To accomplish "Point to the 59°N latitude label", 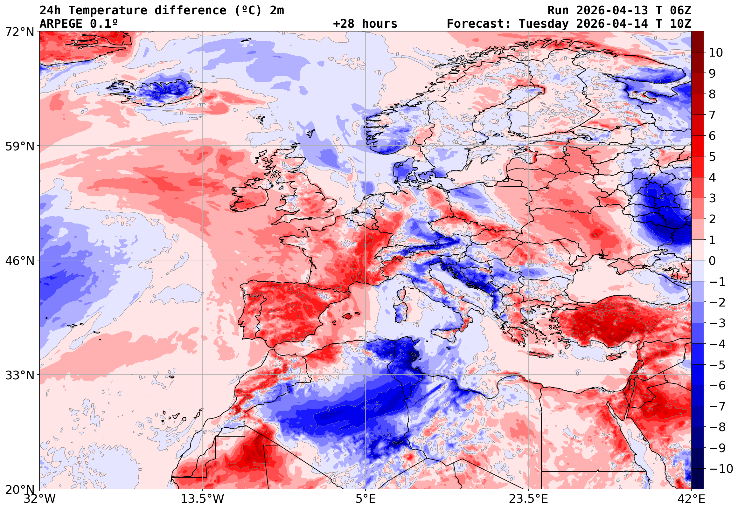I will click(19, 146).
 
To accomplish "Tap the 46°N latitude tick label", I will click(19, 261).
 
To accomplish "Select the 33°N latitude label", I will click(19, 375).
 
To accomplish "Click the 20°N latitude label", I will click(19, 489).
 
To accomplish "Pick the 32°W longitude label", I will click(39, 499).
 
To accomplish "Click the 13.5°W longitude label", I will click(203, 499).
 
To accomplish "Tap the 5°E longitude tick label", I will click(366, 499).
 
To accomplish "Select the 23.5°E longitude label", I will click(528, 499).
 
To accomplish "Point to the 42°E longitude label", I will click(692, 499).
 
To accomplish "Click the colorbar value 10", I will click(716, 53).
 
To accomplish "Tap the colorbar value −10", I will click(721, 469).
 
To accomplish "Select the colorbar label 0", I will click(712, 261).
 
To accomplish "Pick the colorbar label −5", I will click(717, 365).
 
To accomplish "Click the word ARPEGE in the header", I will click(61, 24).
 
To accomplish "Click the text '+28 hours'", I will click(365, 24).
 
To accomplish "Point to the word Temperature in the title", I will click(108, 10).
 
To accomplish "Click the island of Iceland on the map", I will click(157, 93).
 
